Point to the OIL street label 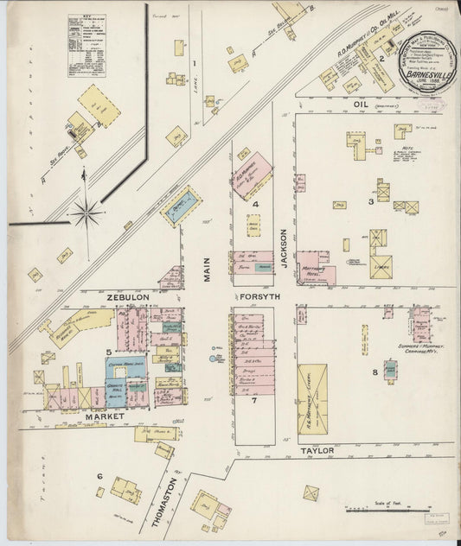coord(361,104)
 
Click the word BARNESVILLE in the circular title coord(426,73)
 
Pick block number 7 coord(254,401)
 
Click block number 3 coord(370,201)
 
